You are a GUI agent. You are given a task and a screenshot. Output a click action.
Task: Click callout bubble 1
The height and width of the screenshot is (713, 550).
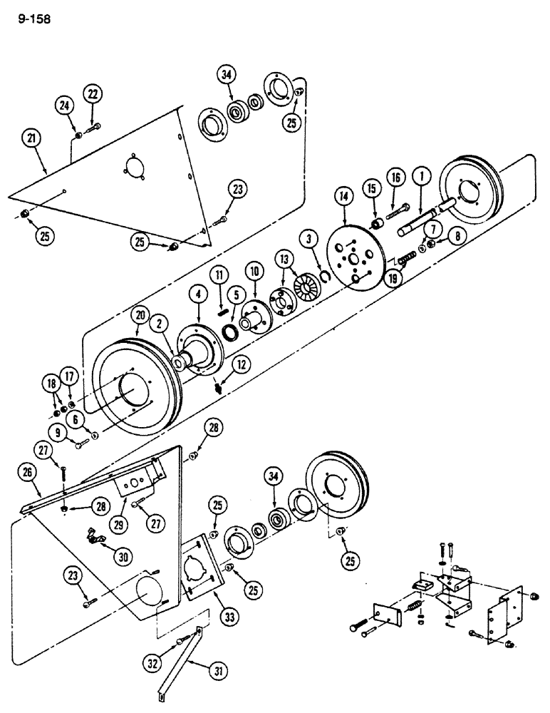423,172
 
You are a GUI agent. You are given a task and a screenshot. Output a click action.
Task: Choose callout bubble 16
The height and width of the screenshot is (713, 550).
396,177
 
